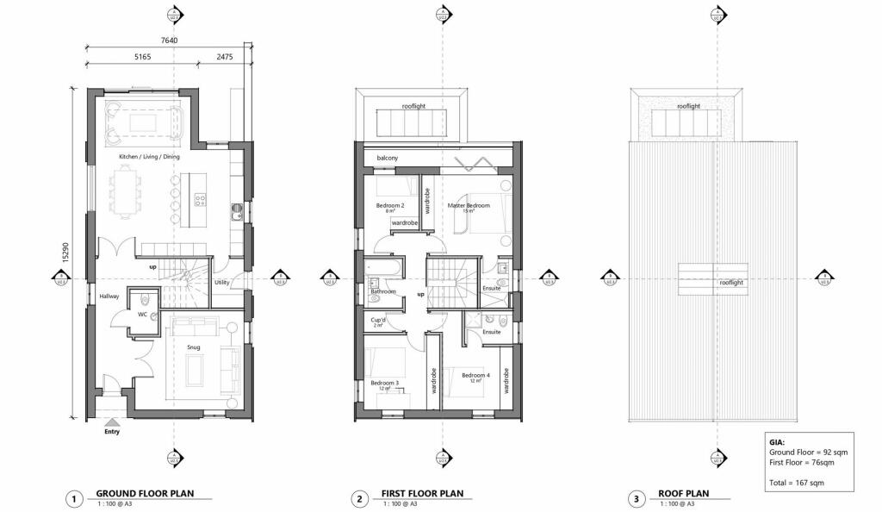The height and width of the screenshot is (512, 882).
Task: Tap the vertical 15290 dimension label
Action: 65,251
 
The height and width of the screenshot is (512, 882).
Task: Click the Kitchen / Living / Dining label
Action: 149,157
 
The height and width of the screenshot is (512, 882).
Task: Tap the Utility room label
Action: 221,283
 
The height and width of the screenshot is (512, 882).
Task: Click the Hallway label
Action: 109,297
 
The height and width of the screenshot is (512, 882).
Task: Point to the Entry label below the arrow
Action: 112,431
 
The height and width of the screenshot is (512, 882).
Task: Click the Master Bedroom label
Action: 469,205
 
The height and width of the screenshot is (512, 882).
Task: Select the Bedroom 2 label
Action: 390,205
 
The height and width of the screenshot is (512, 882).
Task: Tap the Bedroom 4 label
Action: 475,375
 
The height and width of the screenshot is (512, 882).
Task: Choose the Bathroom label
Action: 383,291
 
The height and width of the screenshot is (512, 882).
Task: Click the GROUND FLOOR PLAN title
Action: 144,494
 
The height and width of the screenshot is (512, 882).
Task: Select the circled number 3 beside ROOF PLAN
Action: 636,498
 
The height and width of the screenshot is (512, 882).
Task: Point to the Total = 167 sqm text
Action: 796,482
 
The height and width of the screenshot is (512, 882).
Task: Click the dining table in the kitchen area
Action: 126,192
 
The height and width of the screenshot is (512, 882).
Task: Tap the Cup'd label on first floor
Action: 377,321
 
